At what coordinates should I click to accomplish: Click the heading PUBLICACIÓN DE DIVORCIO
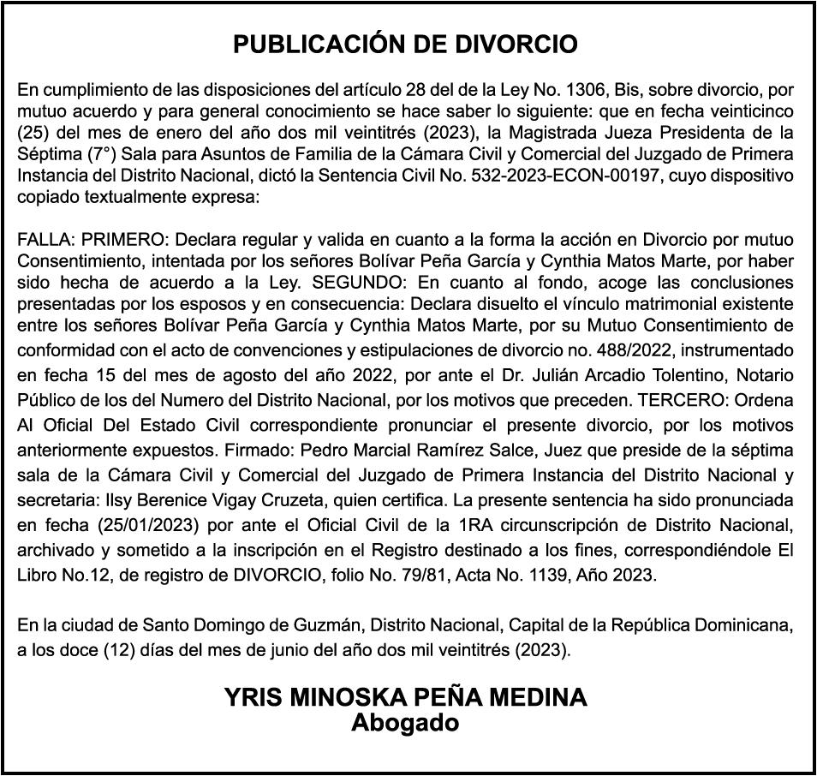coord(406,45)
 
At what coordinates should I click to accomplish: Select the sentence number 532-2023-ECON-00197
coord(568,176)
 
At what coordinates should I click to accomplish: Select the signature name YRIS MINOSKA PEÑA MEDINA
coord(406,697)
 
